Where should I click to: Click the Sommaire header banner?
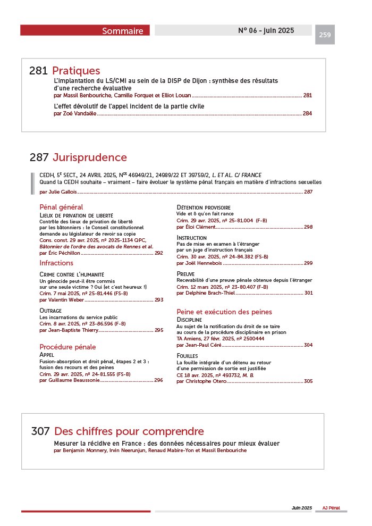pos(85,30)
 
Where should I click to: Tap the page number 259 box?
pos(325,35)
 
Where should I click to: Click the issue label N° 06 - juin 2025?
pos(266,30)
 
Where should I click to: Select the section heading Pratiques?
pos(76,71)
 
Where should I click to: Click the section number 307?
pos(40,431)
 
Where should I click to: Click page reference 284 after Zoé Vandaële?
pos(307,114)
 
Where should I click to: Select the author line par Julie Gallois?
pos(58,191)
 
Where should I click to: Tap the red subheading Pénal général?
pos(61,207)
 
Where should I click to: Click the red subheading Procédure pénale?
pos(67,347)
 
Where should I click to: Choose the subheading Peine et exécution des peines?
pos(224,312)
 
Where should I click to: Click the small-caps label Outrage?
pos(50,310)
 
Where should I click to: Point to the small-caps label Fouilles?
pos(187,355)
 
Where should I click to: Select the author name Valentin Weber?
pos(70,299)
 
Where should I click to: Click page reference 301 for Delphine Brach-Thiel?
pos(308,293)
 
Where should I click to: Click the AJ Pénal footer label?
pos(331,508)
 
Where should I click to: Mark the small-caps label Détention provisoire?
pos(204,207)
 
